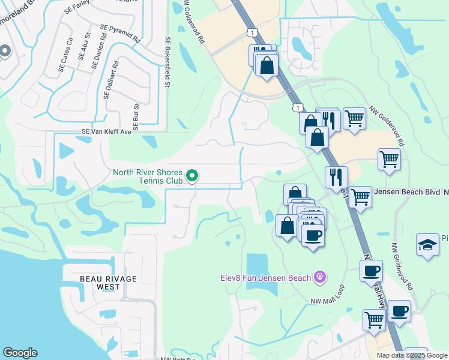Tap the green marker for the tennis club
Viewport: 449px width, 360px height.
192,176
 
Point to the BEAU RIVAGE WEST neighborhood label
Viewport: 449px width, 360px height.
108,283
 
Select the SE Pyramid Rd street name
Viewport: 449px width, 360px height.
120,35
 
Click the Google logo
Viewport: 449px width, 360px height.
20,353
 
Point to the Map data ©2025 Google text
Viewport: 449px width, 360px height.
412,355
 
